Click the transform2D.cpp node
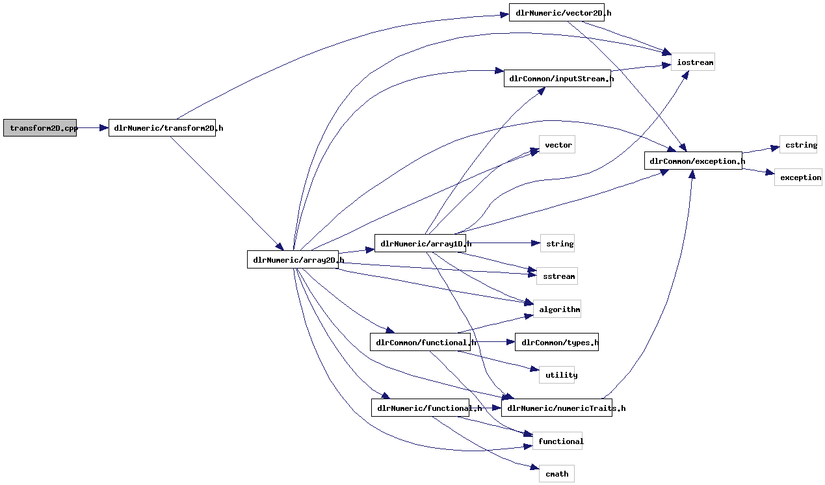coord(40,128)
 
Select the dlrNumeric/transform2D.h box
coord(162,128)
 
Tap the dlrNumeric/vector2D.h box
coord(557,12)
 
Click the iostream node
coord(693,62)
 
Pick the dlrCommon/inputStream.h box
coord(557,79)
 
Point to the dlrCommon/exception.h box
coord(693,161)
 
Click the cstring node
coord(798,145)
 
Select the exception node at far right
coord(798,177)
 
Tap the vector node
coord(557,145)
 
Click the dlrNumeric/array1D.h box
coord(421,244)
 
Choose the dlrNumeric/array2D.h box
coord(293,260)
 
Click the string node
coord(558,244)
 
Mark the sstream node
coord(557,276)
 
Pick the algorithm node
coord(557,309)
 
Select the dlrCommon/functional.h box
coord(421,343)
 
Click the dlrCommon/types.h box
coord(557,343)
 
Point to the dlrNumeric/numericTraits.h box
coord(557,408)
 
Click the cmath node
coord(557,474)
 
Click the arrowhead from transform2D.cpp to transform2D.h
coord(104,128)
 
